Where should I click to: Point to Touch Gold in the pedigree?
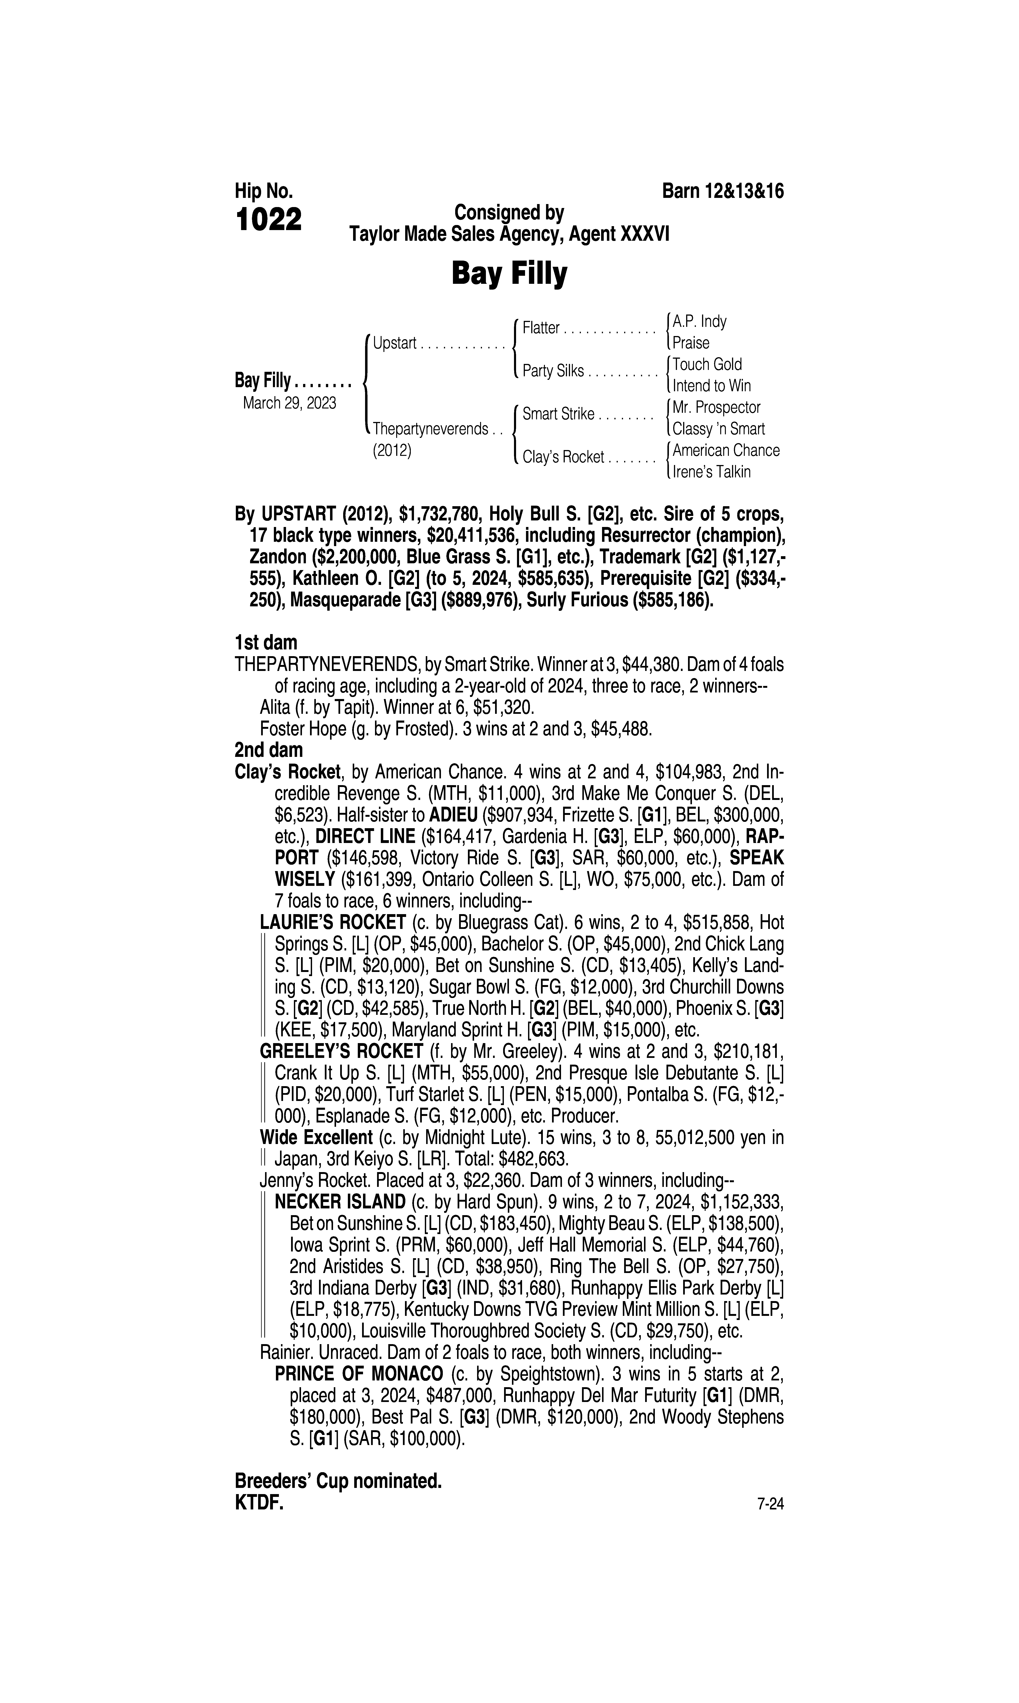tap(707, 364)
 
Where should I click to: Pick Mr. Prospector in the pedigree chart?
tap(716, 408)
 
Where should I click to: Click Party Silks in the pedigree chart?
tap(553, 371)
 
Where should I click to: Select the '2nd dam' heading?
tap(268, 750)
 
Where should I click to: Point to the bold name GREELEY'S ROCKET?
tap(341, 1051)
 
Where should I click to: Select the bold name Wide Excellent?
tap(316, 1138)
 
